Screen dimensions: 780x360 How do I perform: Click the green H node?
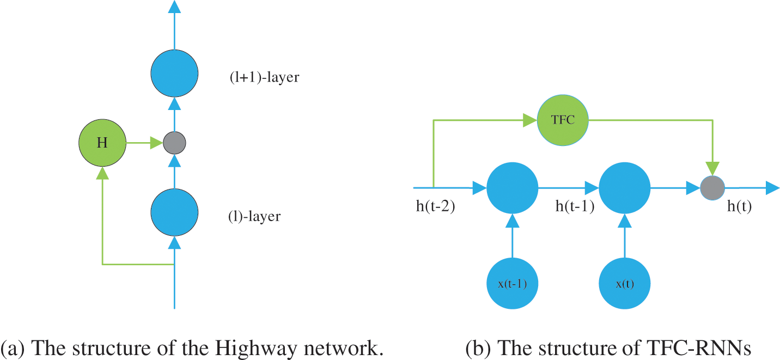tap(102, 143)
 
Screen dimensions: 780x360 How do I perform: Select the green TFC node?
tap(563, 120)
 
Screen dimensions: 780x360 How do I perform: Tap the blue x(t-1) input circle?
tap(512, 283)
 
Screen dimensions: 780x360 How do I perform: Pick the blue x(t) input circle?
tap(625, 283)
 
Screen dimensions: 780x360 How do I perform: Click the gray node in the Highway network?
tap(174, 143)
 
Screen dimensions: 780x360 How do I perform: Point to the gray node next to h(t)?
tap(712, 188)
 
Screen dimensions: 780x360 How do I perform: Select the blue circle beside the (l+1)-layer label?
tap(174, 73)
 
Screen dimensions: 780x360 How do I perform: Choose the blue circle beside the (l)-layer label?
tap(174, 212)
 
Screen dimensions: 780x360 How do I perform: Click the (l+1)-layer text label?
tap(264, 77)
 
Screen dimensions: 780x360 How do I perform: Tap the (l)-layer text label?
tap(254, 216)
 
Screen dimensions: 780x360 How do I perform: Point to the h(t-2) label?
tap(436, 206)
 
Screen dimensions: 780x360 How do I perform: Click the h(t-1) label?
tap(575, 206)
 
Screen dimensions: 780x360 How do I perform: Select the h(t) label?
tap(739, 206)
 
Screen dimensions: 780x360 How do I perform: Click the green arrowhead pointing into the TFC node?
tap(530, 120)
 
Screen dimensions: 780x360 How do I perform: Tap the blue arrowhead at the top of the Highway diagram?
tap(174, 7)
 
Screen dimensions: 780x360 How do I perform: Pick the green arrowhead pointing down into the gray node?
tap(712, 169)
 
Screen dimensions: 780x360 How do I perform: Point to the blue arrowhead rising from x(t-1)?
tap(512, 221)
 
